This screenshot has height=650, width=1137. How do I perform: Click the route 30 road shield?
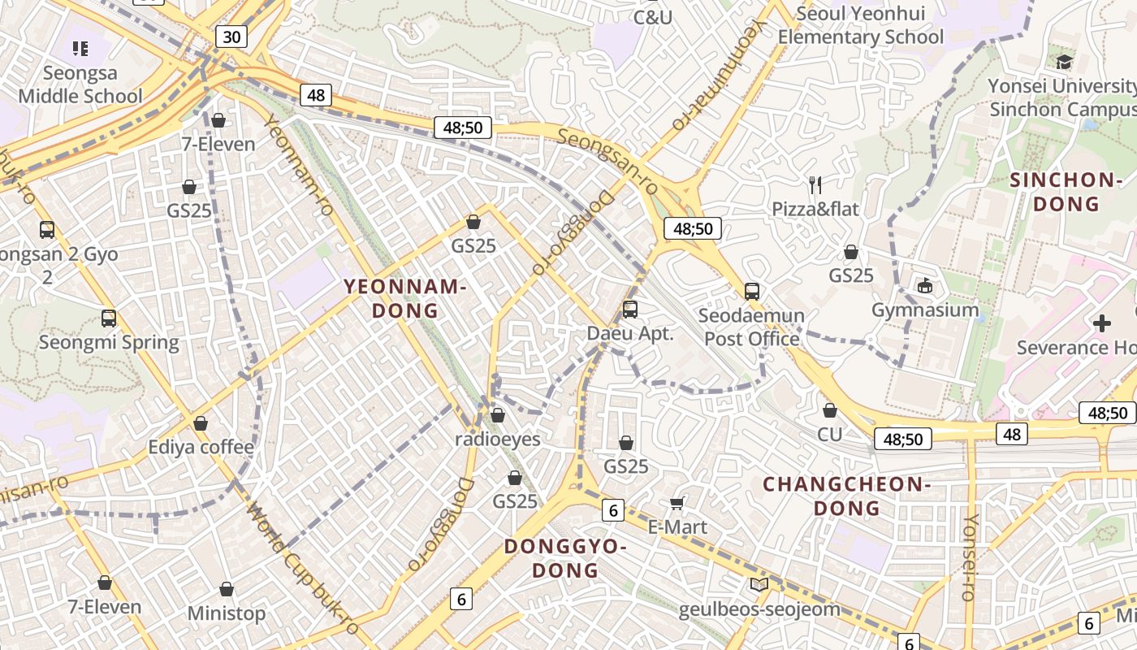click(x=231, y=36)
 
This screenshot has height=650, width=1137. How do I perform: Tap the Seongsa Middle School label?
click(x=80, y=84)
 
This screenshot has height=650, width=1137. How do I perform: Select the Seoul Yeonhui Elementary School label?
click(x=861, y=25)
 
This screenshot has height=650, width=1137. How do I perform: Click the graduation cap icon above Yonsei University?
click(x=1064, y=62)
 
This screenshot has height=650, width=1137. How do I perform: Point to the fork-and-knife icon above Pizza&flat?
click(x=815, y=185)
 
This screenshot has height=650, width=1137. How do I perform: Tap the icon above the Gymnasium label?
click(x=925, y=285)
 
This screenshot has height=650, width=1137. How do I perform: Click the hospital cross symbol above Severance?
click(x=1102, y=323)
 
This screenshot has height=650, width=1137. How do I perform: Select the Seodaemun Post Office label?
click(x=752, y=327)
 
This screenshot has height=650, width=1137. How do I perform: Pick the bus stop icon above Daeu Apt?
click(x=630, y=309)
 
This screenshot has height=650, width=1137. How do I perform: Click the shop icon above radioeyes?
click(x=498, y=415)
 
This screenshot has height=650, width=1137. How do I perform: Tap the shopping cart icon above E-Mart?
click(x=677, y=504)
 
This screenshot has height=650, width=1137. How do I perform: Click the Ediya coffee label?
click(x=201, y=447)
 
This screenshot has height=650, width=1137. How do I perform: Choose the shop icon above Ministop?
click(x=227, y=589)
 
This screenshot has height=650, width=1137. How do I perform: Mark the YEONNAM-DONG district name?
click(x=404, y=298)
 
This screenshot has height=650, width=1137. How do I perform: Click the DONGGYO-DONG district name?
click(x=565, y=557)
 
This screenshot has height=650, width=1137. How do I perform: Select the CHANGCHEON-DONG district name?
click(x=846, y=496)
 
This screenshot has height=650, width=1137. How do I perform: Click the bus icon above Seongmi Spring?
click(x=109, y=318)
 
